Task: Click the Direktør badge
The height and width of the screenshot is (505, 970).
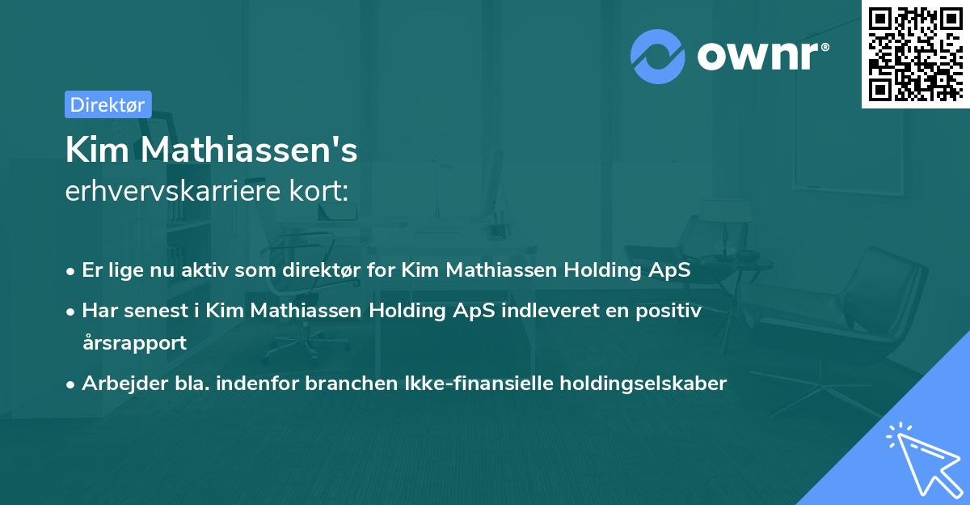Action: [108, 104]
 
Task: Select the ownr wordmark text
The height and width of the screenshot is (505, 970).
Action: [761, 55]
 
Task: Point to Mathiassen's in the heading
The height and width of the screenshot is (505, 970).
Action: [249, 151]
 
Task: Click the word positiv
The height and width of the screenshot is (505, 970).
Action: [670, 311]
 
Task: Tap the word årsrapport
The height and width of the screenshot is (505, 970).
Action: [134, 342]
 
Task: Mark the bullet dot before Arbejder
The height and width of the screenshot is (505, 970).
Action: [72, 384]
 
